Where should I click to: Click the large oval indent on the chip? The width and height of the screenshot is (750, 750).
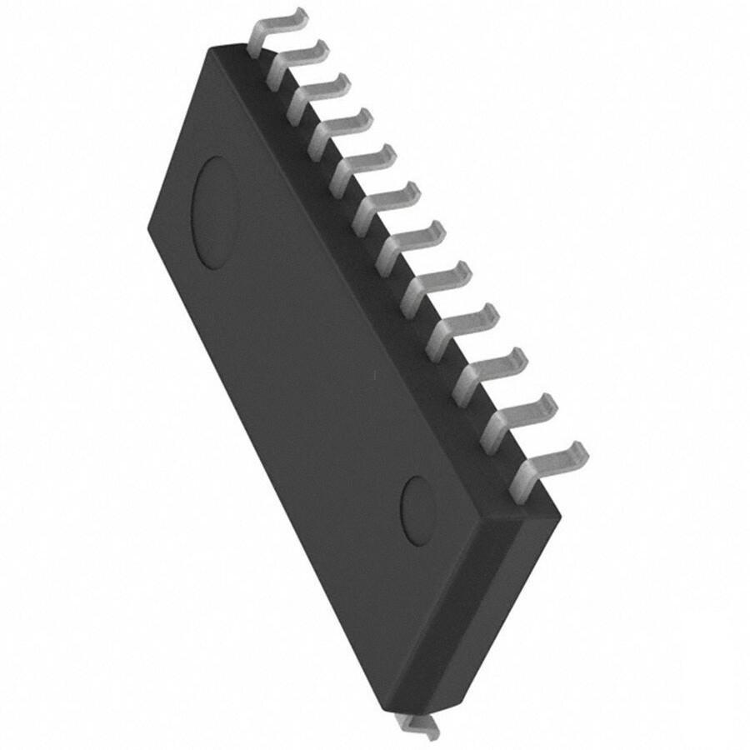[x=215, y=212]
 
